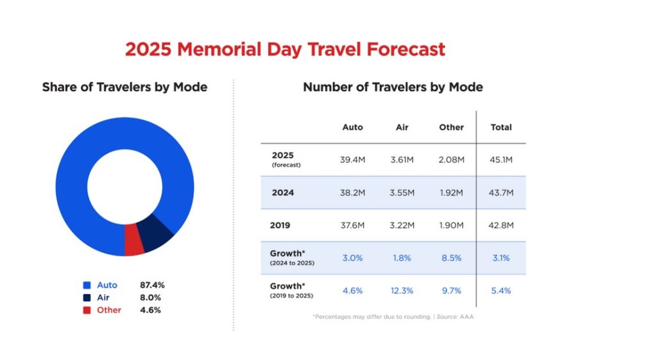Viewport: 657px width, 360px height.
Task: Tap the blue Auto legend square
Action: pos(87,285)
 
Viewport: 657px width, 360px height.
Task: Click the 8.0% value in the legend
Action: pos(150,298)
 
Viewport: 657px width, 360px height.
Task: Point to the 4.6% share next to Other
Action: pos(150,310)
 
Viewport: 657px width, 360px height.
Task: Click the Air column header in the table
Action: pos(402,127)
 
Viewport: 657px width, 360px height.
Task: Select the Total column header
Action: pos(501,127)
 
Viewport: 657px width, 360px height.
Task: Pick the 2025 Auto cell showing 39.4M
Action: pos(353,160)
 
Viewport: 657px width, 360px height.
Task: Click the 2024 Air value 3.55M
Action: pos(402,193)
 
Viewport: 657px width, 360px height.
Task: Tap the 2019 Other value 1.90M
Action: pos(451,225)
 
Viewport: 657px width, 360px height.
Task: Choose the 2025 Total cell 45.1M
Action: pos(501,160)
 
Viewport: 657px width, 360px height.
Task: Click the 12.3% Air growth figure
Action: pos(402,291)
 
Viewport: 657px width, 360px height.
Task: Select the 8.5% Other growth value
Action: pos(451,258)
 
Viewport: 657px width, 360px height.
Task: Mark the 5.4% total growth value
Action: pos(501,291)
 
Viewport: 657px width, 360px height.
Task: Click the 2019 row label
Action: pos(281,225)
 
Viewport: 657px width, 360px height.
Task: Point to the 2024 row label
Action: pos(283,193)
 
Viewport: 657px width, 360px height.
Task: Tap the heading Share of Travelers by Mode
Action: pos(124,87)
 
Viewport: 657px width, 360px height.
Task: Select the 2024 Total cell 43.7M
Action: pos(501,193)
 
